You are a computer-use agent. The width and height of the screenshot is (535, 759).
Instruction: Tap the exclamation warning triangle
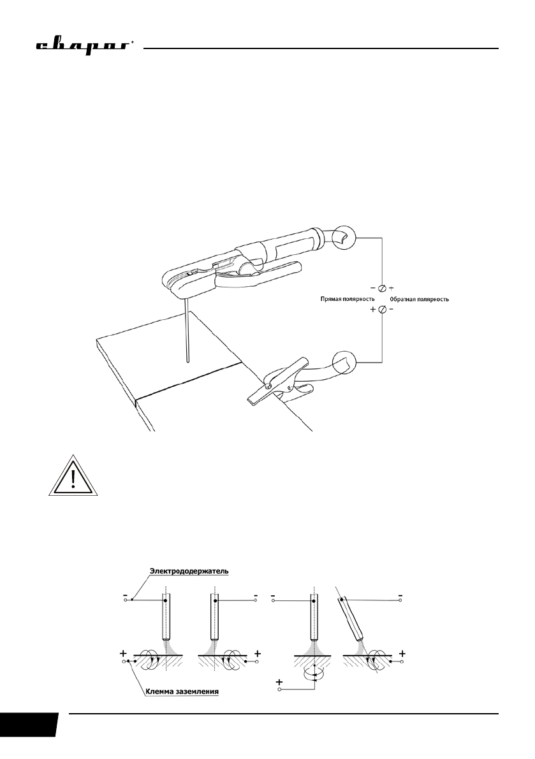[x=72, y=476]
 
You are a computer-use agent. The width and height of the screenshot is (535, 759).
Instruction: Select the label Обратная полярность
[x=418, y=299]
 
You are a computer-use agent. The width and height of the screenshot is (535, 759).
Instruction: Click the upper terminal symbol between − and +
[x=381, y=288]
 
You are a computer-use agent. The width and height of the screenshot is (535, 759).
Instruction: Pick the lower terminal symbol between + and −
[x=381, y=310]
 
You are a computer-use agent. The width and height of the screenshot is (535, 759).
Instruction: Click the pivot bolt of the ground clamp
[x=268, y=387]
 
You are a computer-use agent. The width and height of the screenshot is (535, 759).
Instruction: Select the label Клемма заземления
[x=184, y=689]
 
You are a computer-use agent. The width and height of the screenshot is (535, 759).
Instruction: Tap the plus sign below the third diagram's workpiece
[x=279, y=683]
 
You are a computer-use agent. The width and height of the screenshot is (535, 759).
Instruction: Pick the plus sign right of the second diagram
[x=257, y=653]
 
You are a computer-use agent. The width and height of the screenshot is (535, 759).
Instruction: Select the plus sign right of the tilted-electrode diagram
[x=403, y=653]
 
